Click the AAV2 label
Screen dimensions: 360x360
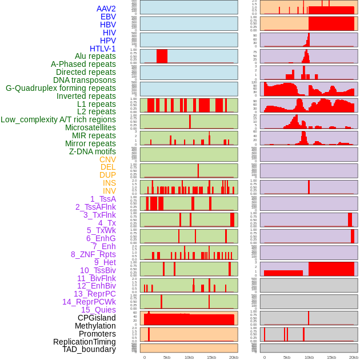(x=106, y=9)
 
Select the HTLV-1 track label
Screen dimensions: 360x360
(x=103, y=49)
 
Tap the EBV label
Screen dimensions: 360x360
(x=108, y=17)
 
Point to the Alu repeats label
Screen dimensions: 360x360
(x=95, y=57)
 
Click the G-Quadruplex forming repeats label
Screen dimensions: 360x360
(x=61, y=89)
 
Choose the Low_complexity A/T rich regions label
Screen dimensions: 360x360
(x=58, y=120)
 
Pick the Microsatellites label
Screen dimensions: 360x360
(x=90, y=128)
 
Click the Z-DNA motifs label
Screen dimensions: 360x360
(x=93, y=151)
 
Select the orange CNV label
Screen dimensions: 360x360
(x=107, y=159)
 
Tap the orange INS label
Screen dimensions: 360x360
(x=109, y=183)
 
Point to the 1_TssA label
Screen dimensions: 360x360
(x=103, y=199)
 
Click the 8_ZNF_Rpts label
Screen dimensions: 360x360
(x=93, y=254)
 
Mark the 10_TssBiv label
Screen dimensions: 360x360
(x=98, y=270)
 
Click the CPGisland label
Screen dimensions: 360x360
(x=97, y=318)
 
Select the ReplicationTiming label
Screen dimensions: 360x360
(x=85, y=342)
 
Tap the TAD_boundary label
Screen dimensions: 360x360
(x=89, y=349)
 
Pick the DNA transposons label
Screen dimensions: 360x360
(x=85, y=80)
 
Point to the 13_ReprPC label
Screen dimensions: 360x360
(x=94, y=294)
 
